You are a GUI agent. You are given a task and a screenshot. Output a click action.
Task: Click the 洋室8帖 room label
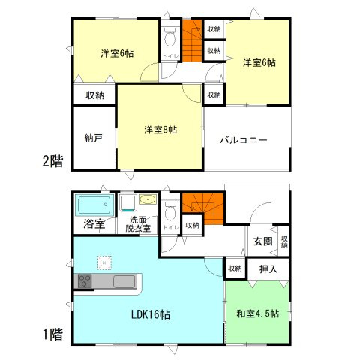(x=160, y=130)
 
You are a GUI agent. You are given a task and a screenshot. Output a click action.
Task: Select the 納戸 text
(x=94, y=138)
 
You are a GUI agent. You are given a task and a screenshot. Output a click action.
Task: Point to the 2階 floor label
(x=52, y=160)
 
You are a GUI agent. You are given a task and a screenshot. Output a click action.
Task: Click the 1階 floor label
(x=52, y=334)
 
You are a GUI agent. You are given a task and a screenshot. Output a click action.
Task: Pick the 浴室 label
(x=94, y=223)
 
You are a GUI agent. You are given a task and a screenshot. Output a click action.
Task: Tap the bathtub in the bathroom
(x=92, y=204)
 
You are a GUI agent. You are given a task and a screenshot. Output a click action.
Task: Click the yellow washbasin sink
(x=147, y=200)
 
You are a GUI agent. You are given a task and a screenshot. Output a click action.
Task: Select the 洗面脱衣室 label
(x=139, y=224)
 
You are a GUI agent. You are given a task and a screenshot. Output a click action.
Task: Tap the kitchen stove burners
(x=84, y=281)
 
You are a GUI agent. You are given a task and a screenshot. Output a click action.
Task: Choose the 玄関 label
(x=262, y=241)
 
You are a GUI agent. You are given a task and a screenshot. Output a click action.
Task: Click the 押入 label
(x=268, y=268)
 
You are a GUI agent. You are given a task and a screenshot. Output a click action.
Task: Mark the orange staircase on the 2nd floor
(x=193, y=43)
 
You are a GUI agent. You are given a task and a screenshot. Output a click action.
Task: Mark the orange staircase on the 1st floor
(x=203, y=208)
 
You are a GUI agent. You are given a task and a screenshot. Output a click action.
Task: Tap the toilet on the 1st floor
(x=169, y=208)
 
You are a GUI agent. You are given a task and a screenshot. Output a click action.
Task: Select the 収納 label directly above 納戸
(x=94, y=95)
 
